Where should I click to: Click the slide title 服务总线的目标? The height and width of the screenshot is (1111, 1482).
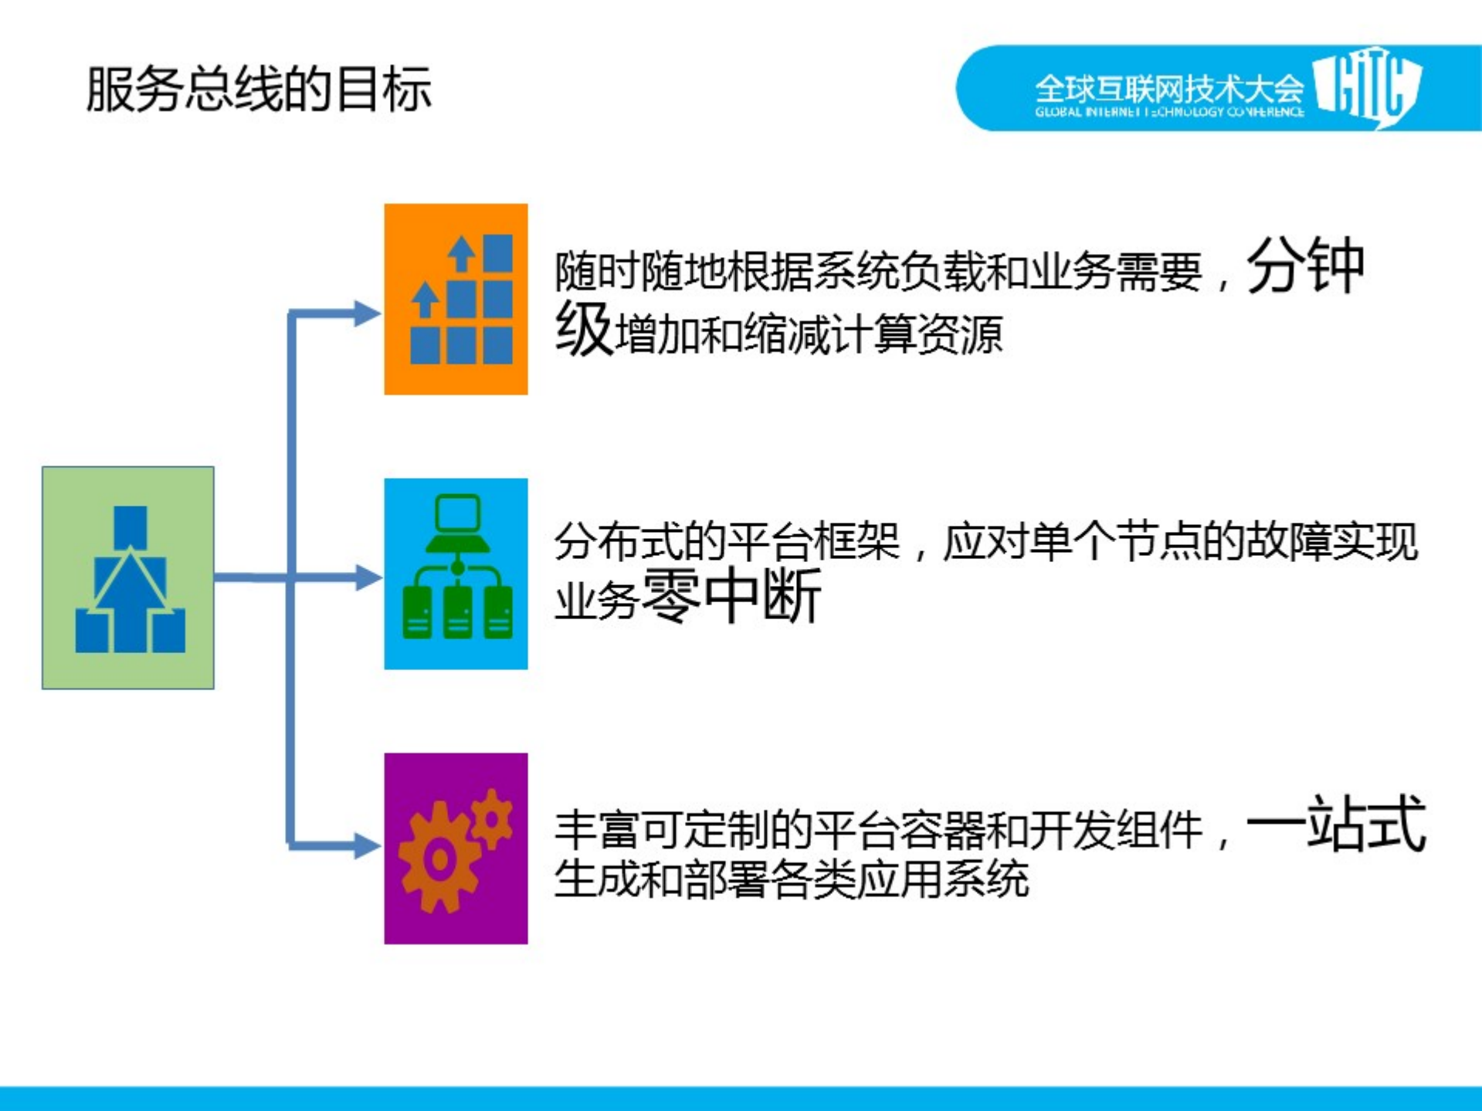(x=258, y=90)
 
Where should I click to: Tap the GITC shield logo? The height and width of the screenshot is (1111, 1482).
(x=1367, y=86)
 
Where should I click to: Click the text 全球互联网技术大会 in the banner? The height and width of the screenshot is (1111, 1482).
(x=1168, y=89)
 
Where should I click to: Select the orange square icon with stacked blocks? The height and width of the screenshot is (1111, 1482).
(x=456, y=299)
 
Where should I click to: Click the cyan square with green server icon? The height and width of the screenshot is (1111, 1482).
(x=456, y=574)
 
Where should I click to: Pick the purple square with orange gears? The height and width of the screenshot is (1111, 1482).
(x=456, y=848)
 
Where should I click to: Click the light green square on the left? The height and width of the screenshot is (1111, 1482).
(x=128, y=578)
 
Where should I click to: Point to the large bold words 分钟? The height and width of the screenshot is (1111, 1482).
(x=1305, y=266)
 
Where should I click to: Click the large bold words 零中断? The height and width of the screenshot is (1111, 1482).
(x=731, y=595)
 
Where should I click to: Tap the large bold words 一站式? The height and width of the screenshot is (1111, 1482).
(x=1335, y=825)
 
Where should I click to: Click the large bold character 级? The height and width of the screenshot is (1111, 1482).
(x=584, y=329)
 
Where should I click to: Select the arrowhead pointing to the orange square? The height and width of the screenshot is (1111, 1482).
(x=366, y=313)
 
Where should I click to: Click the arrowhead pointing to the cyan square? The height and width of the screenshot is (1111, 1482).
(x=366, y=578)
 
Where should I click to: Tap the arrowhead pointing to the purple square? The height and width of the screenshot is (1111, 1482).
(x=366, y=845)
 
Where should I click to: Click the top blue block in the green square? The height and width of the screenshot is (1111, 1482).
(x=130, y=527)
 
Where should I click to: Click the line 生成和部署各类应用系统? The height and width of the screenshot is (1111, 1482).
(x=792, y=879)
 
